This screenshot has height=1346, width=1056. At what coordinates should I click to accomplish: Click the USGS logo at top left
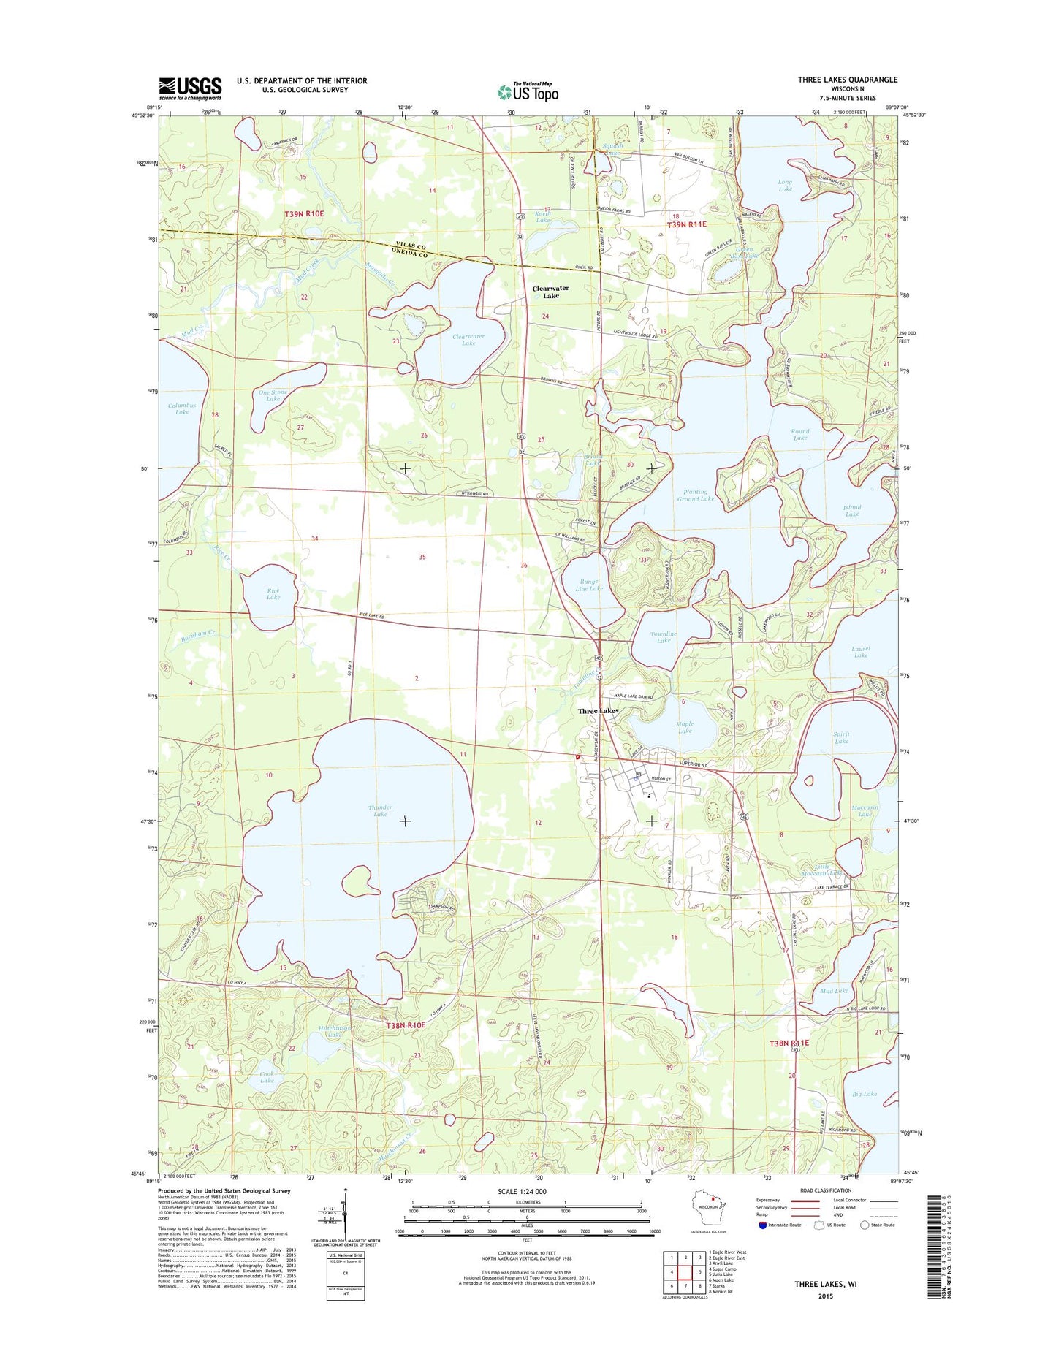point(190,88)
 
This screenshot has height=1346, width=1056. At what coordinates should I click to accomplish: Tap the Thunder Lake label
point(380,810)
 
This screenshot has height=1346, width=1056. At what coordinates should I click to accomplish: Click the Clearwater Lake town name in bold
point(550,292)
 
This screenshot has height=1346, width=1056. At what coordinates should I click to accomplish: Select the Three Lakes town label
point(598,710)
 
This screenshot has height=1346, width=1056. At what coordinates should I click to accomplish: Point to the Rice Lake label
point(273,593)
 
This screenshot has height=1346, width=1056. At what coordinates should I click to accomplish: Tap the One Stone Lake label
point(273,395)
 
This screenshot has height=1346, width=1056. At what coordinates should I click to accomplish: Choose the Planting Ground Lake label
point(695,495)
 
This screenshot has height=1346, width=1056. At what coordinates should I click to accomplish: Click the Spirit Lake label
point(841,737)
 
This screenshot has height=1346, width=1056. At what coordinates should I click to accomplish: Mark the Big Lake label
point(864,1094)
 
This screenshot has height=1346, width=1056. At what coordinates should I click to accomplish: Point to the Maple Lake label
point(684,726)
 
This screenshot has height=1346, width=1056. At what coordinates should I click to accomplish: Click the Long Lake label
point(785,186)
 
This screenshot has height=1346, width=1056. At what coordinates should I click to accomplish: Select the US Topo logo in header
point(528,92)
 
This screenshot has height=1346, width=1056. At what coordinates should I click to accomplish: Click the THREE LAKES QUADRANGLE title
point(847,80)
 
